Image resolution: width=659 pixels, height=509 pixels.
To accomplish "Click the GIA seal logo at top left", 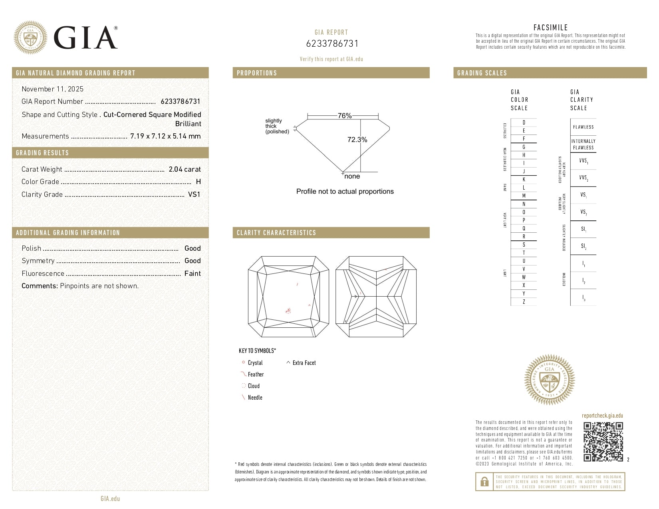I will click(30, 38).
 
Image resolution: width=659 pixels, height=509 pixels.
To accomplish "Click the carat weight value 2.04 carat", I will click(185, 169).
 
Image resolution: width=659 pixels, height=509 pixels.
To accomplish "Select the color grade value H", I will click(198, 182).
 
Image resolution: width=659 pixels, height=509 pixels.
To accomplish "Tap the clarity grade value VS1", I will click(194, 194).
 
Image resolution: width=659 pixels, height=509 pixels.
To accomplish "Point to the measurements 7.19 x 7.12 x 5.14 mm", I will click(165, 136).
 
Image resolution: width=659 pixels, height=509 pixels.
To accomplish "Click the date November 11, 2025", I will click(52, 89).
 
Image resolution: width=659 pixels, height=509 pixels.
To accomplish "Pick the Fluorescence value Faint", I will click(193, 273).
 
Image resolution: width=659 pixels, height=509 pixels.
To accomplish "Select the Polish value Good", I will click(193, 248).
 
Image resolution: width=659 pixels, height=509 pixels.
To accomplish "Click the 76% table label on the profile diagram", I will click(345, 116).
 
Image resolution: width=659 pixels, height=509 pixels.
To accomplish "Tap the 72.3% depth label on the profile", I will click(357, 140).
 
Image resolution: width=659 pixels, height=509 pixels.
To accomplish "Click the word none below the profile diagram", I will click(352, 176).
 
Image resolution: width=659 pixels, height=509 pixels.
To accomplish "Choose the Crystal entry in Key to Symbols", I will click(255, 363).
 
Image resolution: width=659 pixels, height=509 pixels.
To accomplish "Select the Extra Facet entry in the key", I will click(304, 363).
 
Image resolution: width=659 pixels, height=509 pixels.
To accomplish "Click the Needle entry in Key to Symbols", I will click(255, 398).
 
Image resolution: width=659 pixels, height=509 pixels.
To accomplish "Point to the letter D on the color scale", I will click(524, 123).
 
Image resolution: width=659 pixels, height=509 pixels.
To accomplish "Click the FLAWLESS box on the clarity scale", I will click(583, 127).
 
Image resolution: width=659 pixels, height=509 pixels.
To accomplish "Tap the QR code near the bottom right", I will click(603, 442).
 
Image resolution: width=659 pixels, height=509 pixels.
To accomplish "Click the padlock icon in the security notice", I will click(484, 481).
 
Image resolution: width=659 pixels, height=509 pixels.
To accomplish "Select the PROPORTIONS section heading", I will click(257, 73).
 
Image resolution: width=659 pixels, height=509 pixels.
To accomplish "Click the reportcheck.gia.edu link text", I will click(602, 416).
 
